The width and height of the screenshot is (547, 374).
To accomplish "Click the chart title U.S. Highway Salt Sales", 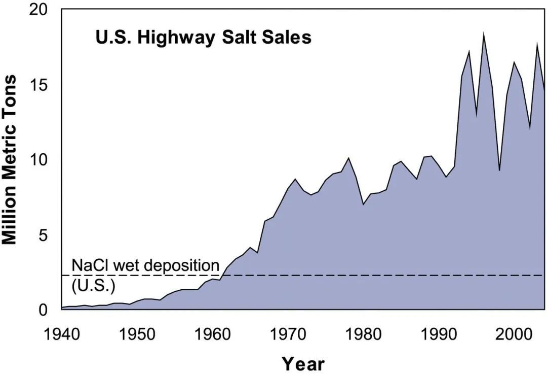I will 203,37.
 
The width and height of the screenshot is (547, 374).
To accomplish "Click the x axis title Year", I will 303,363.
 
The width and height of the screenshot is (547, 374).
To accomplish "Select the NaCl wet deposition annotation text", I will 145,264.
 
